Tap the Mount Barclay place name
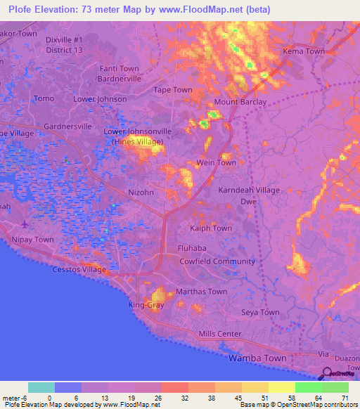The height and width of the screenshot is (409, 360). pos(240,102)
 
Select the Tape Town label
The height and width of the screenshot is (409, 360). pos(173,90)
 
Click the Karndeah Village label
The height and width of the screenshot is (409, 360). pos(248,190)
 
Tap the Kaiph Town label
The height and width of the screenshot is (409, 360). pos(211,228)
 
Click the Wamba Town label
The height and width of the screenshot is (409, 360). pos(257,358)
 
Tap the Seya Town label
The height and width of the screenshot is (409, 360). pos(260,312)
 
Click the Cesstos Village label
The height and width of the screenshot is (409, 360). pos(79,270)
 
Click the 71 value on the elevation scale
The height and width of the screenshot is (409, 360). pos(345,397)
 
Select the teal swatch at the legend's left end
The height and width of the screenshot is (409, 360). pos(41,387)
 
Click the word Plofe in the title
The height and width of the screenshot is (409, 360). pos(21,9)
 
